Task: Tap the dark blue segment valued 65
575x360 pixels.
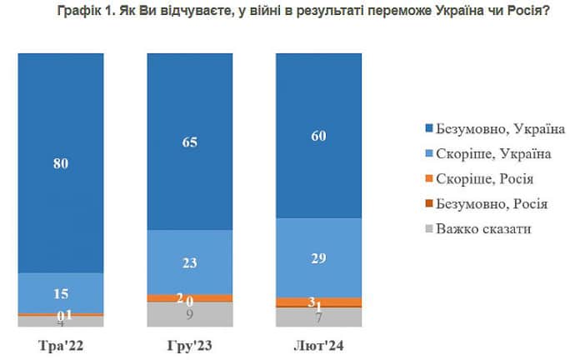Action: pos(190,141)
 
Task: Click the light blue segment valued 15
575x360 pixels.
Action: pos(61,292)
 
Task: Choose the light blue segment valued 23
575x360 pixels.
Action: pos(190,262)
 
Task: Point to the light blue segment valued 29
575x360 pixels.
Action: pos(319,257)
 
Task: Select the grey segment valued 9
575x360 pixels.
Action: pos(190,314)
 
